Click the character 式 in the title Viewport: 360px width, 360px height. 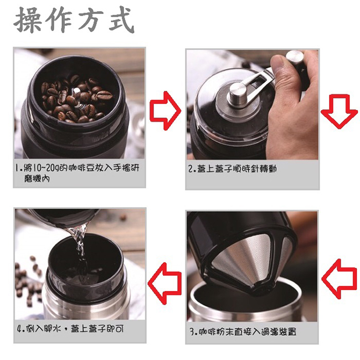pyautogui.click(x=121, y=19)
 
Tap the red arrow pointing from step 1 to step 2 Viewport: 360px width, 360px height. pyautogui.click(x=165, y=111)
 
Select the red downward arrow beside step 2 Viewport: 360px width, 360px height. pyautogui.click(x=339, y=111)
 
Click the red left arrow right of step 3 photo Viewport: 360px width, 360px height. pyautogui.click(x=340, y=279)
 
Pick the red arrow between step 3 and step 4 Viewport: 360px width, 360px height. pyautogui.click(x=164, y=284)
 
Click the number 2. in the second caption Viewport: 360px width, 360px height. pyautogui.click(x=192, y=169)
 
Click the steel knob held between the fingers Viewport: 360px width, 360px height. pyautogui.click(x=295, y=58)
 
